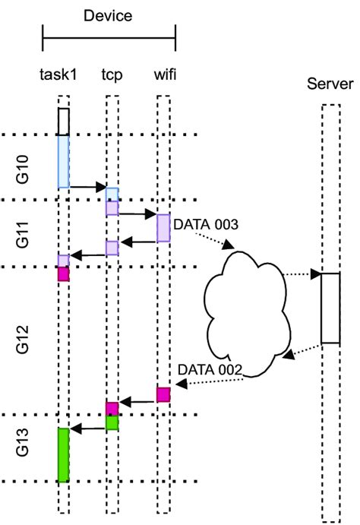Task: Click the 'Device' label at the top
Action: coord(109,14)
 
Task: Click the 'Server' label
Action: coord(329,83)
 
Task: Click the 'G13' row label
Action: coord(23,448)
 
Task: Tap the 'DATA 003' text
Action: coord(207,225)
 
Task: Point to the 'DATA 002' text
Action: coord(210,369)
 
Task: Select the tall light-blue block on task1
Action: coord(64,161)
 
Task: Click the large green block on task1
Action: coord(64,454)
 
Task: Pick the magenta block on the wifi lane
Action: coord(163,394)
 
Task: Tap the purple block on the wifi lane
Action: coord(163,228)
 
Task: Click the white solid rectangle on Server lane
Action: coord(330,308)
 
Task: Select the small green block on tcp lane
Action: coord(112,422)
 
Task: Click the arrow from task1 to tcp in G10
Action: coord(87,186)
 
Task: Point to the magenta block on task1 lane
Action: coord(64,274)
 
